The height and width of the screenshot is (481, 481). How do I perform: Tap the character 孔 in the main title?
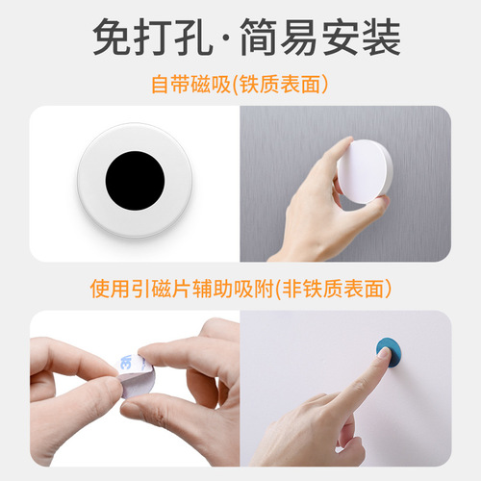tap(203, 38)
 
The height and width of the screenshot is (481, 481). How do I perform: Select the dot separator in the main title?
tap(234, 38)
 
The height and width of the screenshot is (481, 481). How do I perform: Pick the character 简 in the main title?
tap(266, 38)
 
